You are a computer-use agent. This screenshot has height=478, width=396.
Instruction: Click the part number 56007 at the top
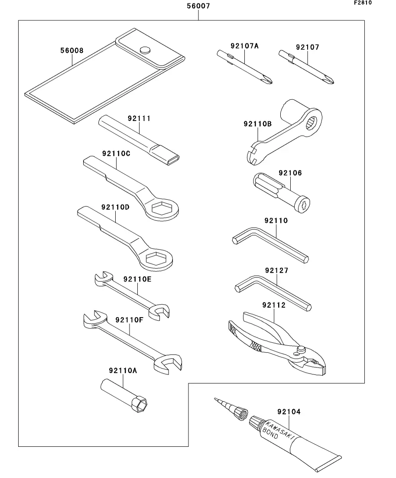[199, 7]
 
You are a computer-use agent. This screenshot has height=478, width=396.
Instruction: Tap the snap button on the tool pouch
[145, 49]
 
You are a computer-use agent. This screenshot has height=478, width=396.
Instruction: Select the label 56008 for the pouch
[71, 50]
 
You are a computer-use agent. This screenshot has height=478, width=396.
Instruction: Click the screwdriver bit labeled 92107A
[245, 67]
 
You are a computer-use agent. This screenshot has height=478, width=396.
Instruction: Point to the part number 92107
[308, 47]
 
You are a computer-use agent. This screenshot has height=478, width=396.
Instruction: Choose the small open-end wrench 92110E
[132, 294]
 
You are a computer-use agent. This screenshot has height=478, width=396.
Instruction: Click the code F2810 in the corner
[363, 3]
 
